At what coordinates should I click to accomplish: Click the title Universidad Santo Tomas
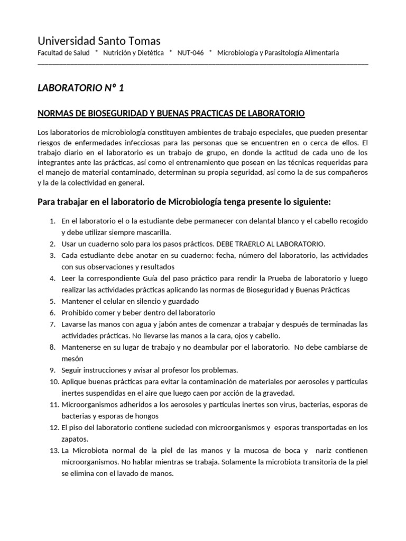click(99, 41)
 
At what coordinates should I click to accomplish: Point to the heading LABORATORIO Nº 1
click(81, 88)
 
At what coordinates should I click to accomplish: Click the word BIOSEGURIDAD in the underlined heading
click(107, 114)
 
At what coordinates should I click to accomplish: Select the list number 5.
click(52, 301)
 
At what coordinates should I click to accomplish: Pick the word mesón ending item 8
click(73, 358)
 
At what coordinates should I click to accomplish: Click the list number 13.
click(52, 451)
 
